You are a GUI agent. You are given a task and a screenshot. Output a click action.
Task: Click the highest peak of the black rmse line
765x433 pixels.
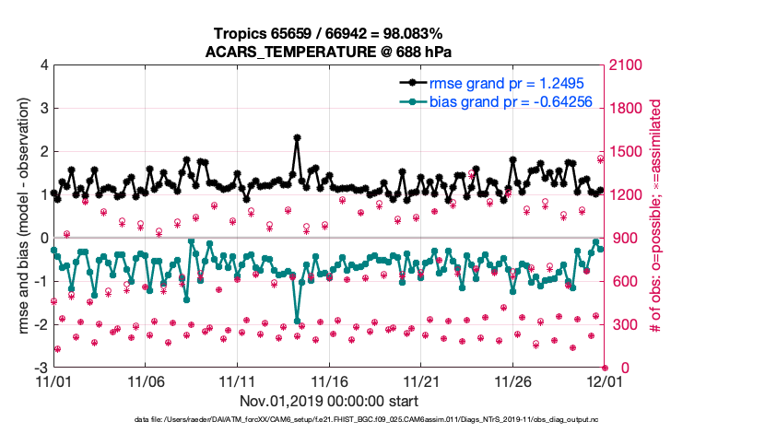coord(297,137)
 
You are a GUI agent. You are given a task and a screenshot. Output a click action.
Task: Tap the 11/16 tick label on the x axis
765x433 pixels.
coord(329,380)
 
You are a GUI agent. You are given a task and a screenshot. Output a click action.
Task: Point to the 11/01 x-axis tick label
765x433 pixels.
coord(53,380)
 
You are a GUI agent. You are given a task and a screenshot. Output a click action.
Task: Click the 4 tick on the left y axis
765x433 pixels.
coord(43,65)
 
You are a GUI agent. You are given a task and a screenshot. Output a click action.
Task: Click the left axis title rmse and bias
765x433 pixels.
coord(19,216)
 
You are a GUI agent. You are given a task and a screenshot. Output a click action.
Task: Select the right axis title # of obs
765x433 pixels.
coord(656,216)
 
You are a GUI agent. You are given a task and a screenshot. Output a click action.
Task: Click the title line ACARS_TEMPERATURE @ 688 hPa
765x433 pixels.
coord(328,52)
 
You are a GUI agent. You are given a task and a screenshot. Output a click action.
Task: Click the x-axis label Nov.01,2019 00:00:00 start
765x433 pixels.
coord(328,401)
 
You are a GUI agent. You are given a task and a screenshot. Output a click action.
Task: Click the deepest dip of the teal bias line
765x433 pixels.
coord(297,321)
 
